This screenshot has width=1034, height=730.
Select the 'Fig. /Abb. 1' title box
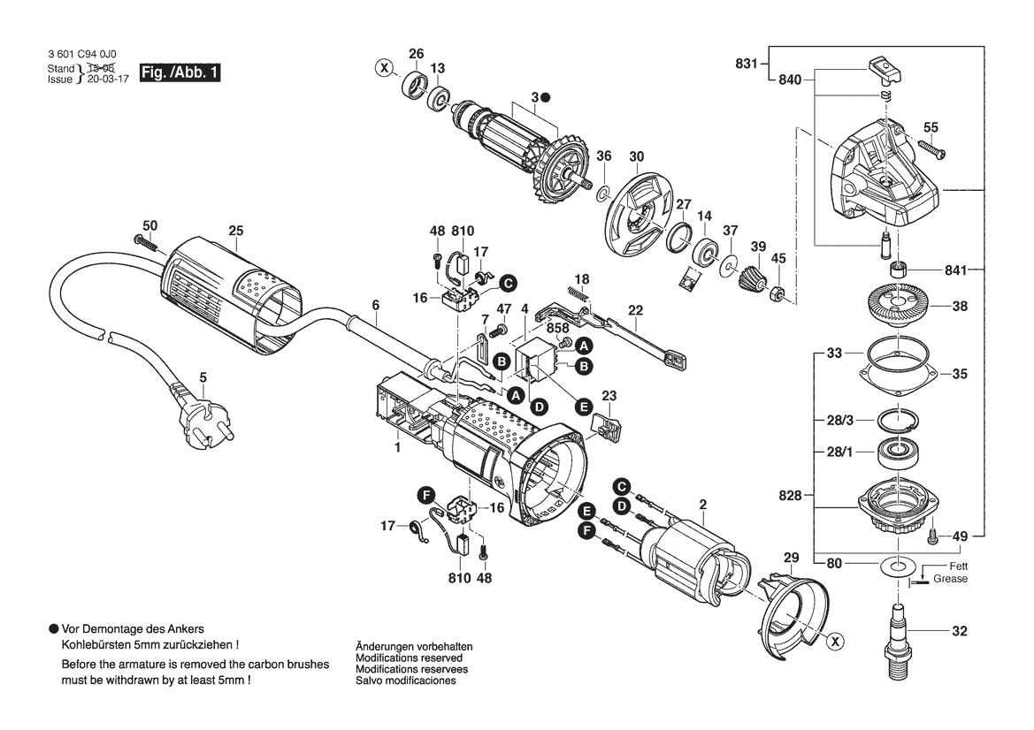(180, 72)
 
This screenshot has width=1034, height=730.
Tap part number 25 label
(236, 231)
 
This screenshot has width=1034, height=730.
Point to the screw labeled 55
(931, 148)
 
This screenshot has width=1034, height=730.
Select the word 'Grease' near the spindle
(950, 579)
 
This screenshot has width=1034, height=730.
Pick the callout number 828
(790, 496)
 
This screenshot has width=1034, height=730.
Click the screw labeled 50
(148, 242)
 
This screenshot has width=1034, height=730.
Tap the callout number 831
(747, 64)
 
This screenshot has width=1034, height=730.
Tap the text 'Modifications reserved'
(409, 658)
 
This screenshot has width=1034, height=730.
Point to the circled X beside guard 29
(835, 641)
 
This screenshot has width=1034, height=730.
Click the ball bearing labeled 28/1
(897, 453)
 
